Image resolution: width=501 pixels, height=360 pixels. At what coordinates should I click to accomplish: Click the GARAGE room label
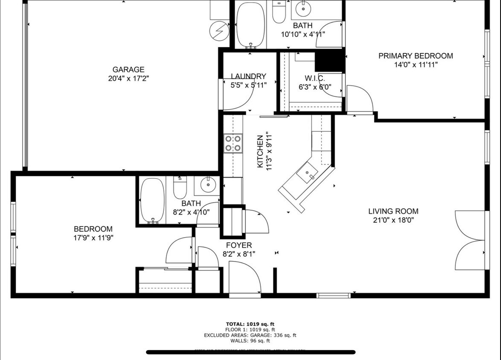[128, 70]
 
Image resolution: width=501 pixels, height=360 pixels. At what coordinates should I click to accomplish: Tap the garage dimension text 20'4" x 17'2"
[128, 78]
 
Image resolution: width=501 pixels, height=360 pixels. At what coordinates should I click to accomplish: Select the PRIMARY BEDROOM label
[416, 56]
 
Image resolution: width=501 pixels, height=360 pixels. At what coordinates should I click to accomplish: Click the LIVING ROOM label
[393, 211]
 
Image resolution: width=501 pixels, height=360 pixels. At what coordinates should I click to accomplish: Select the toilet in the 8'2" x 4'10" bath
[180, 188]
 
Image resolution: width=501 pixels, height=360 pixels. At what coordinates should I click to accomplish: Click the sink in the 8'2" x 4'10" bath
[208, 185]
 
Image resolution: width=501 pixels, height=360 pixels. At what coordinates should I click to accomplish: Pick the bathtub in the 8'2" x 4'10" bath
[152, 200]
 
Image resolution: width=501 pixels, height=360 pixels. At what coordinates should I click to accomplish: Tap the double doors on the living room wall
[470, 240]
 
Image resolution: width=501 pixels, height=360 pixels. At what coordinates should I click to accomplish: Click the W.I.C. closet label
[315, 78]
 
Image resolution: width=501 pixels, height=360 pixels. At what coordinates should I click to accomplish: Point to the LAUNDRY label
[248, 76]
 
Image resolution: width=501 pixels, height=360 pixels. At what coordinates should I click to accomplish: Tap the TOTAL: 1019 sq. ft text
[250, 324]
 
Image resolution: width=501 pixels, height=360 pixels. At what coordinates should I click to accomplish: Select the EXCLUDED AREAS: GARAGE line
[250, 335]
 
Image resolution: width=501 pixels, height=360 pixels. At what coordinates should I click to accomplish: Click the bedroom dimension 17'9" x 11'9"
[93, 238]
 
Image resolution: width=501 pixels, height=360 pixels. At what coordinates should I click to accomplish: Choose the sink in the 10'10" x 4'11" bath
[304, 7]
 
